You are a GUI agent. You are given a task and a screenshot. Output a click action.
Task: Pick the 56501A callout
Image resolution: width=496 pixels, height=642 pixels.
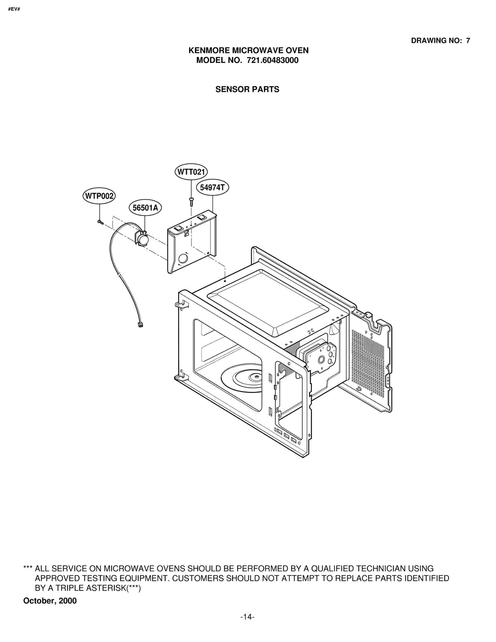145,208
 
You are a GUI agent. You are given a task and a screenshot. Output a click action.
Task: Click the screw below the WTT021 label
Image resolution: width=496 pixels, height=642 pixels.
191,202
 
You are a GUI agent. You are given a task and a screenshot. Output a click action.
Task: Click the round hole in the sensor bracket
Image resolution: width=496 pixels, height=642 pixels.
183,258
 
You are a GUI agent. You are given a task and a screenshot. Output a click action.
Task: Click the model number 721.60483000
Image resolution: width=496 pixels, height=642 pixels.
272,60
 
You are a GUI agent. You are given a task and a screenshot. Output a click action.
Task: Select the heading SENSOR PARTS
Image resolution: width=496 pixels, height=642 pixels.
247,90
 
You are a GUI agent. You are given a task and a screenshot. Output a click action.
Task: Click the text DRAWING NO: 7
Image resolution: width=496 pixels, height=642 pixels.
440,41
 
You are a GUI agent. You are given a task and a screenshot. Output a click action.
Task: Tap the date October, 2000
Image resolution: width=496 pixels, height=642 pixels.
50,601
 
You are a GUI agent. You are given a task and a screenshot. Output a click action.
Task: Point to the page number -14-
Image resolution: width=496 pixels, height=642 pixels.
247,617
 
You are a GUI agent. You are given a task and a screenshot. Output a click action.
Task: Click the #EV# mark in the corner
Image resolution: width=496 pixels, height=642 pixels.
14,9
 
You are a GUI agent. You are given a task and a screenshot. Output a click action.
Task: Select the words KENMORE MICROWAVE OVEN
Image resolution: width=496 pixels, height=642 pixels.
248,50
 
